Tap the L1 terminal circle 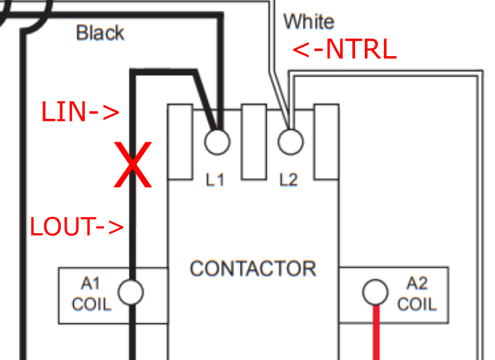216,140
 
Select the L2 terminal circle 290,140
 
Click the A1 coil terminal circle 131,292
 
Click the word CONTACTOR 252,269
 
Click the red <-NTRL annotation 344,51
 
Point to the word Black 100,33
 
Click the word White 309,22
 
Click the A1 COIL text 91,294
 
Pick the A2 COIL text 417,294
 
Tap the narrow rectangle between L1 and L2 253,141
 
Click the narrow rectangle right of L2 325,141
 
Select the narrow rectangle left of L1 180,142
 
